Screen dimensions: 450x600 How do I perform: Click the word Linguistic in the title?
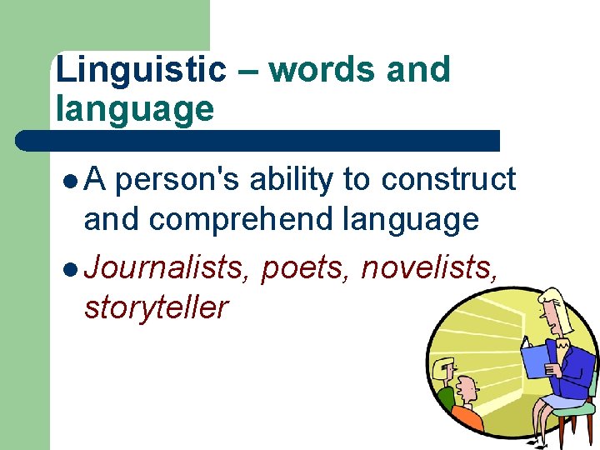141,70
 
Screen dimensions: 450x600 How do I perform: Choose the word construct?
448,180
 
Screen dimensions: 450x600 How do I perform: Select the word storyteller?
156,308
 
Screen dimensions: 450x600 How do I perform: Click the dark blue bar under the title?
258,141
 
